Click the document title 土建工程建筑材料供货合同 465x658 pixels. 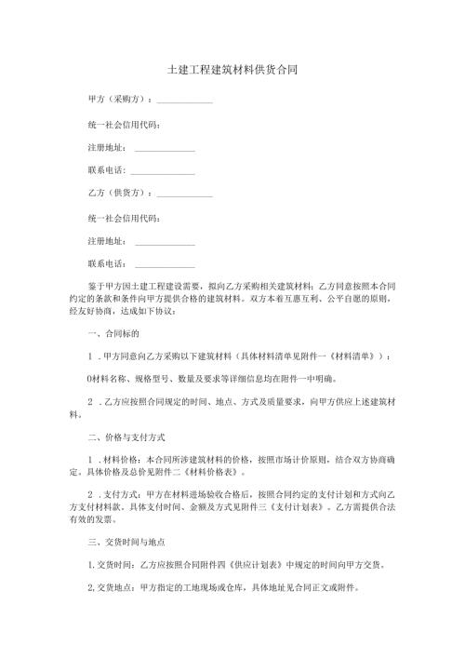coord(232,70)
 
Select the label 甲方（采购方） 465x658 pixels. coord(118,100)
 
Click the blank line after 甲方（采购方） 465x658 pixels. coord(185,101)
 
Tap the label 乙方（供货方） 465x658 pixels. coord(118,193)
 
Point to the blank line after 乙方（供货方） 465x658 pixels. coord(185,195)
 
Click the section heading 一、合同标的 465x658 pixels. coord(113,332)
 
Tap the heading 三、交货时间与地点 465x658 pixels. coord(129,541)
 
